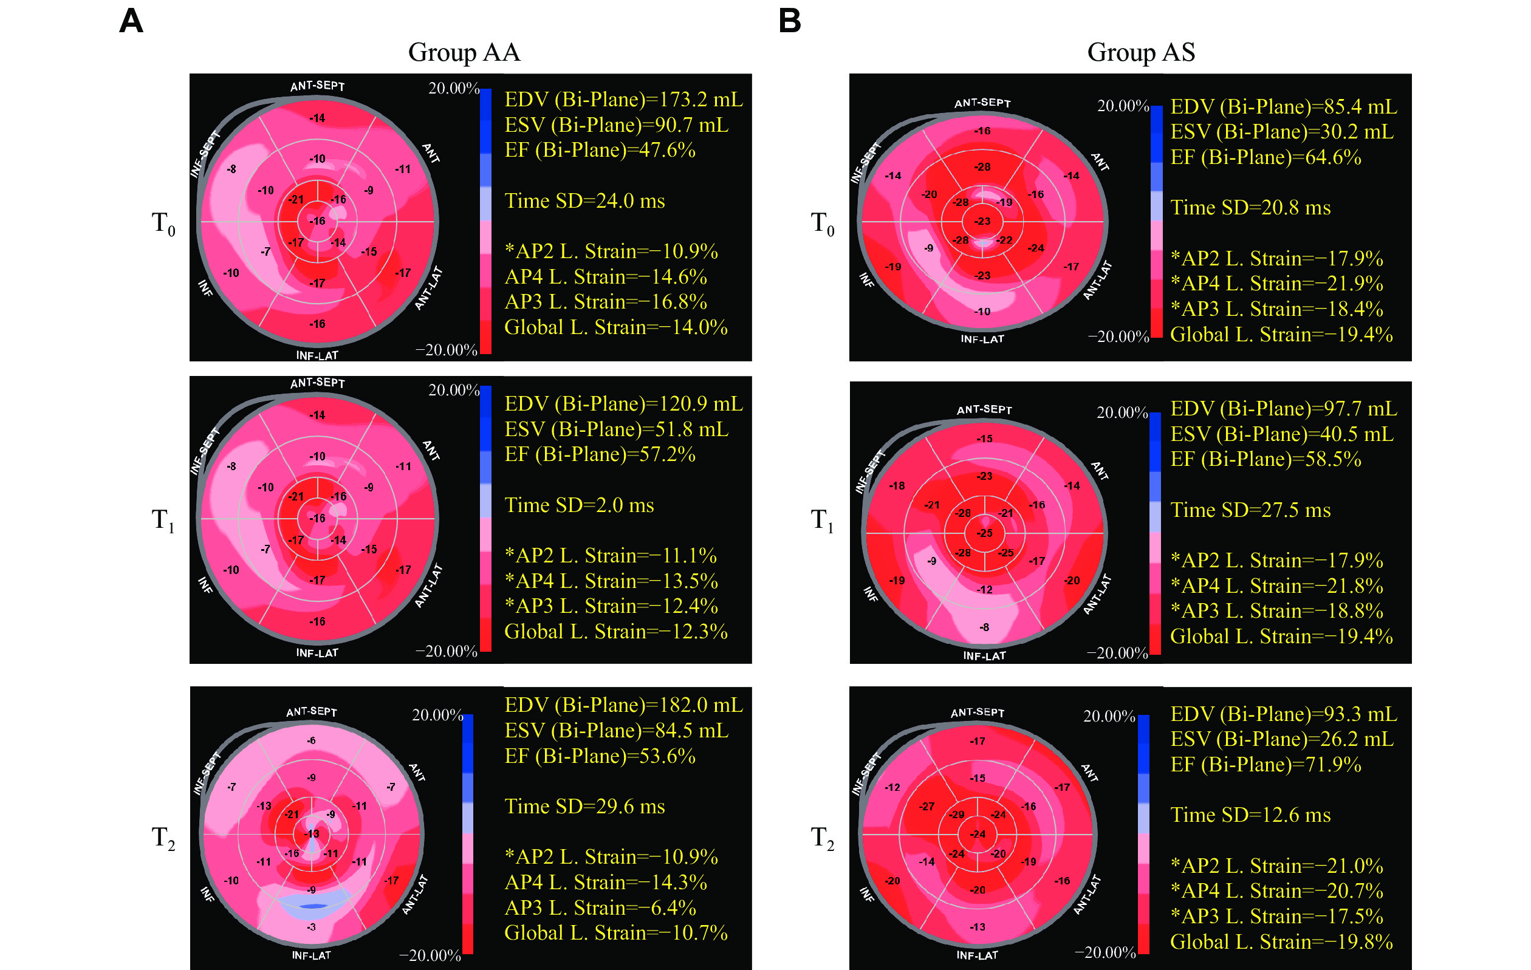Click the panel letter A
[x=131, y=21]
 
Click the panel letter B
[x=790, y=21]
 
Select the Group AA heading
[x=464, y=52]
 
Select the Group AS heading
[x=1140, y=52]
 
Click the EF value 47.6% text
[x=600, y=150]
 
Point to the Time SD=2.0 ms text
[x=578, y=505]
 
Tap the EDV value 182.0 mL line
[x=623, y=705]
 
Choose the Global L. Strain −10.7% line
[x=615, y=933]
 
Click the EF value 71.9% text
[x=1266, y=765]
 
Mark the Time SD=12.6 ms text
[x=1250, y=815]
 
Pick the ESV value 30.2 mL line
[x=1282, y=132]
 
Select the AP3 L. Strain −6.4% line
[x=600, y=907]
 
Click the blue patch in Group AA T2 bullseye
[x=312, y=906]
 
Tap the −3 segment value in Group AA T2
[x=311, y=927]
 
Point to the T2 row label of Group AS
[x=821, y=838]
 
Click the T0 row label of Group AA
[x=163, y=224]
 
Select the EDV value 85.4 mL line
[x=1284, y=107]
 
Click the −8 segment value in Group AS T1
[x=984, y=627]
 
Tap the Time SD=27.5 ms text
[x=1250, y=510]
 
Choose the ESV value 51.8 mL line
[x=616, y=429]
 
